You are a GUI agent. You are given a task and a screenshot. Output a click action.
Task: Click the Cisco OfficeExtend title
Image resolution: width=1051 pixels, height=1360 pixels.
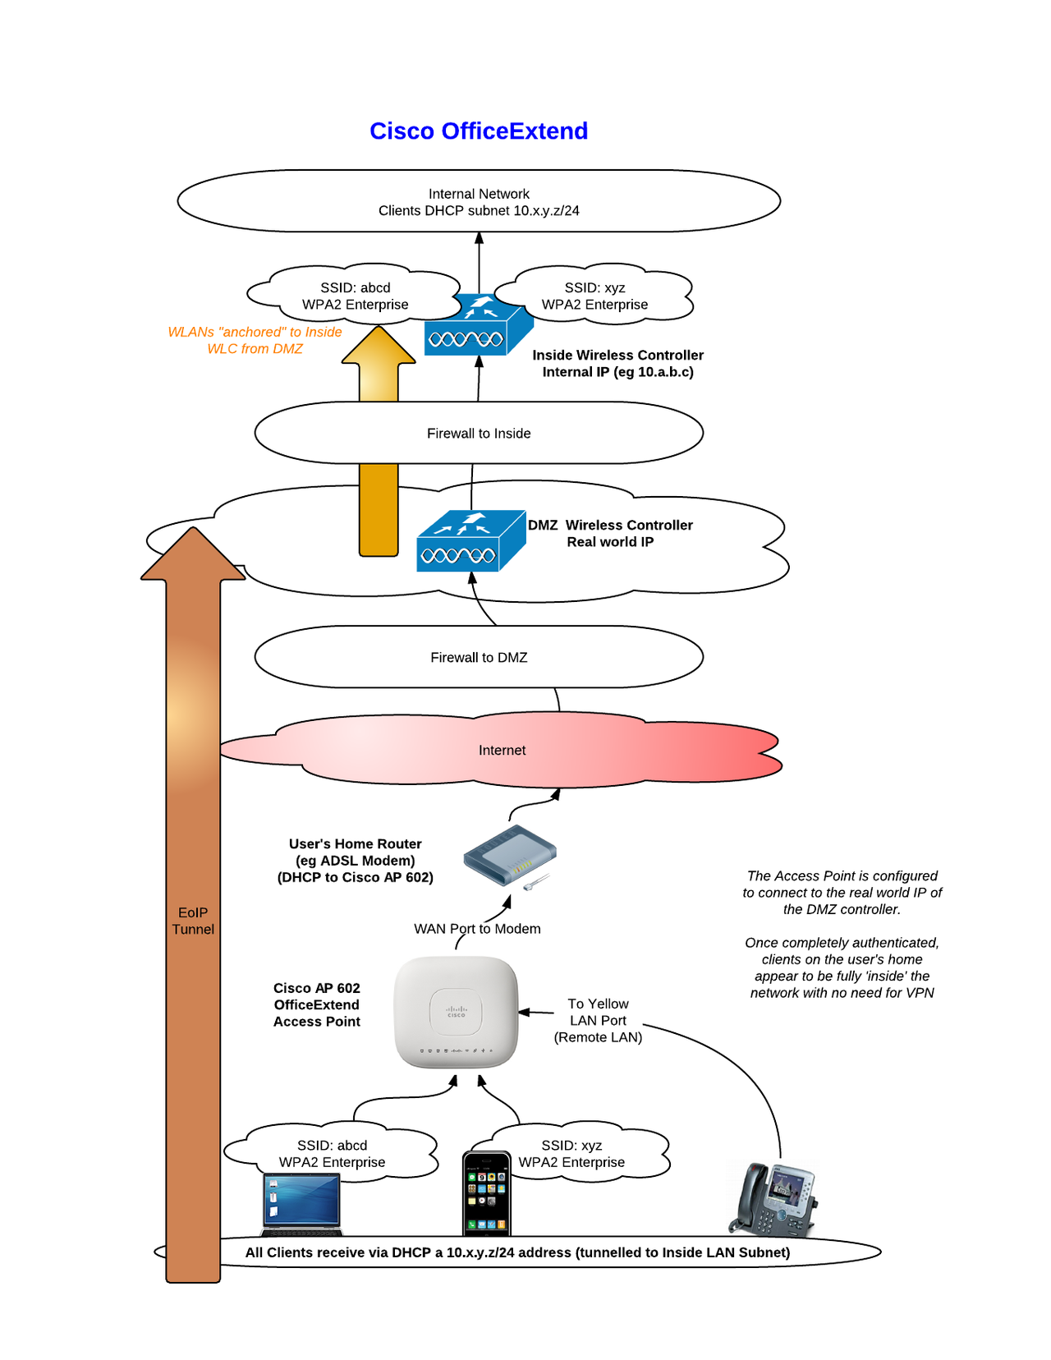(479, 131)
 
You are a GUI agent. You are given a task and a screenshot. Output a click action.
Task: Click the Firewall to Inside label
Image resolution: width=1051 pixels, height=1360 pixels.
(479, 434)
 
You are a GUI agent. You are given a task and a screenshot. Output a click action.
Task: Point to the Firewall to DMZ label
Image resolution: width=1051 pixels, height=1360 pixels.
(479, 658)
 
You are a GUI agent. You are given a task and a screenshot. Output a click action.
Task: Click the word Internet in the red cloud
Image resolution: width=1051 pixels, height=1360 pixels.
(502, 751)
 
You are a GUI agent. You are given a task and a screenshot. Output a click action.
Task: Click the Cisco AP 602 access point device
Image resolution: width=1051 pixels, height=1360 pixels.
(456, 1012)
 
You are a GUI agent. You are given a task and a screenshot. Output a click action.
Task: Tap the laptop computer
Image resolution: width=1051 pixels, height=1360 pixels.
(301, 1204)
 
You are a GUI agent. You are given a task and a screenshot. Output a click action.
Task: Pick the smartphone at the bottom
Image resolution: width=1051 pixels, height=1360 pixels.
(486, 1194)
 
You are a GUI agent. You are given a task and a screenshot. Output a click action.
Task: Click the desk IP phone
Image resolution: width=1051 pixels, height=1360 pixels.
(773, 1200)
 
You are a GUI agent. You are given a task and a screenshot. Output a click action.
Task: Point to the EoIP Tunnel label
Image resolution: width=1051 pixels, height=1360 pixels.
(193, 921)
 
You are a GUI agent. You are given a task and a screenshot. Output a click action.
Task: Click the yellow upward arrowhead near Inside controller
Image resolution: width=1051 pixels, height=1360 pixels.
(379, 346)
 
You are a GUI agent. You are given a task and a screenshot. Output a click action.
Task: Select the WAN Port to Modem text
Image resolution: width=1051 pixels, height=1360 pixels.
(477, 929)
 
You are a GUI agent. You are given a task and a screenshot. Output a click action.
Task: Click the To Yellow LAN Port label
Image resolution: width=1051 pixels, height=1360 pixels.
(598, 1021)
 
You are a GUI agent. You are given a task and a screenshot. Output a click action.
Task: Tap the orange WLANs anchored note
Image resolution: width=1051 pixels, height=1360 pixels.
(255, 341)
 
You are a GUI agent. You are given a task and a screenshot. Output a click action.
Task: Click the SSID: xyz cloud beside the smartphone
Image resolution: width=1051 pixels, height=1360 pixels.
(571, 1154)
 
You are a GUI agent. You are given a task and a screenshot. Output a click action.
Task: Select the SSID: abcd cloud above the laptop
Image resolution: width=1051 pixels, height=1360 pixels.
(332, 1154)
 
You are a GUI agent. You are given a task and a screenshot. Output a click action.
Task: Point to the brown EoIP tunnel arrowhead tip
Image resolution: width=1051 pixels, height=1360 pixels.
(193, 531)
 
